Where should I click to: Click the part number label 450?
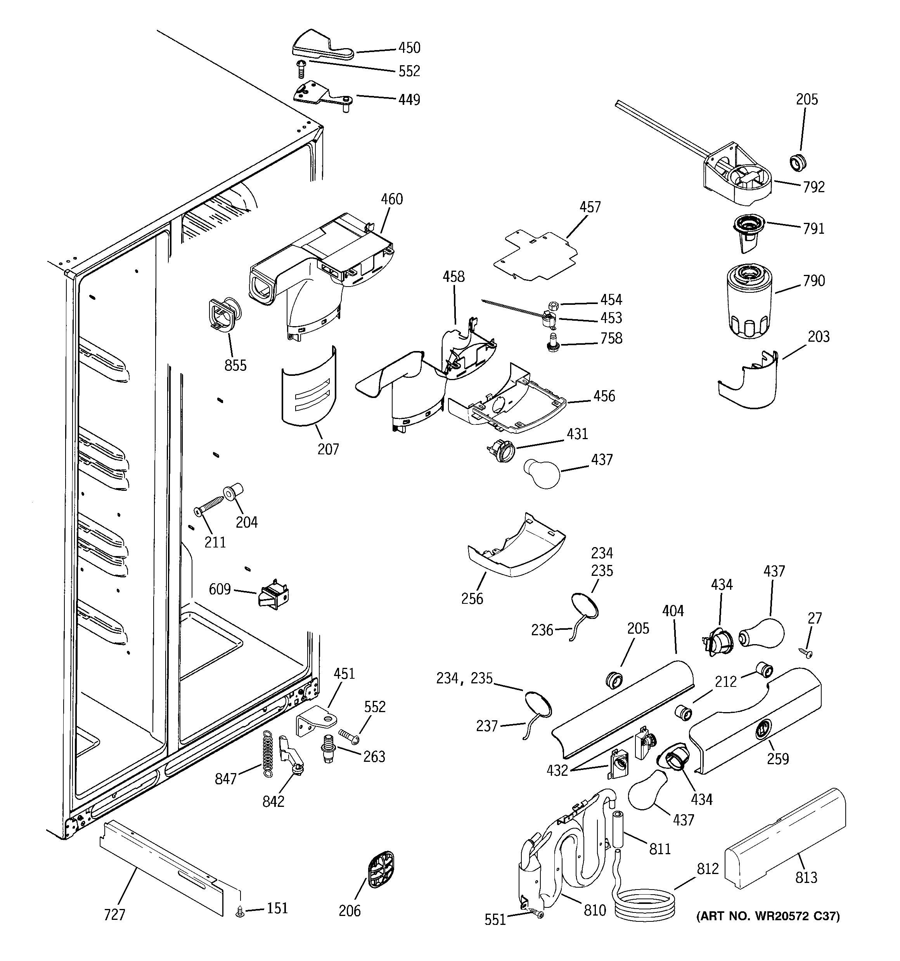coord(409,48)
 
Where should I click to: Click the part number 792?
coord(814,187)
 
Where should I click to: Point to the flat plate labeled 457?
coord(536,256)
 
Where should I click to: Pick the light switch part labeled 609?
coord(274,596)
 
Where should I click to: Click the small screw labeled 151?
coord(240,912)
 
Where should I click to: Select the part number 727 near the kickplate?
coord(114,914)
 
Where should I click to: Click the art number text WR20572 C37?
coord(768,916)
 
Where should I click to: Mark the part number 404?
coord(673,611)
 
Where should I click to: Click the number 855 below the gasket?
coord(235,365)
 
